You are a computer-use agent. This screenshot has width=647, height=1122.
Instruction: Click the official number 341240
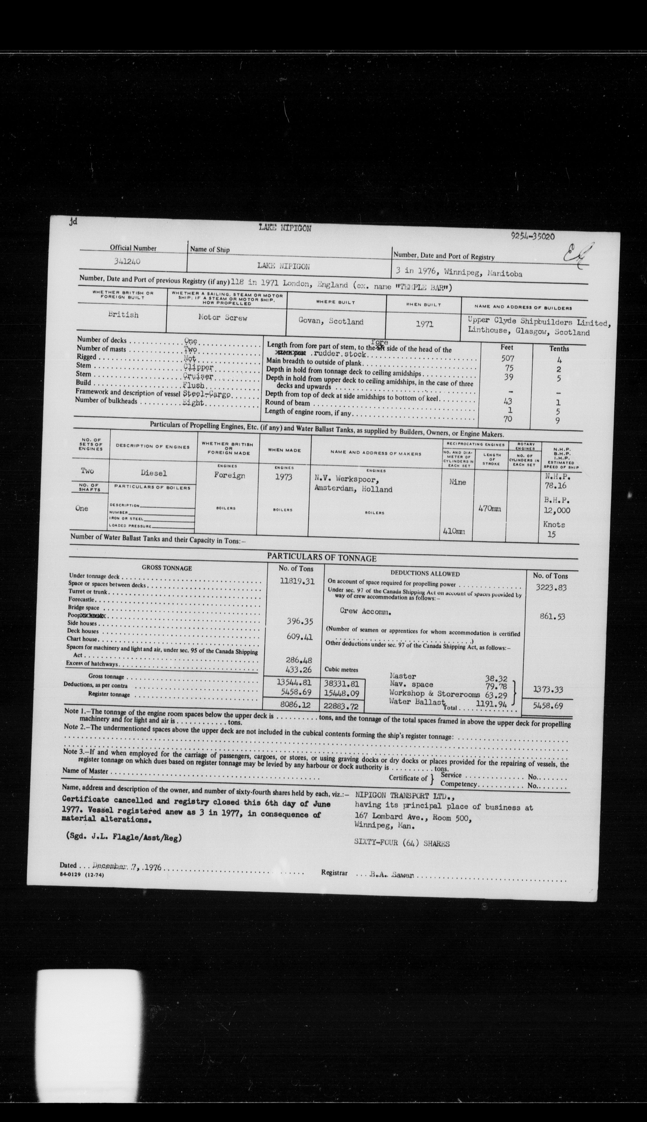point(127,262)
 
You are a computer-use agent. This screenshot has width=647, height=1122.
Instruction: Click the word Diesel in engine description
point(154,473)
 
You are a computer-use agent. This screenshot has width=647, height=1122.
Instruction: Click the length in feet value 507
point(507,358)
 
